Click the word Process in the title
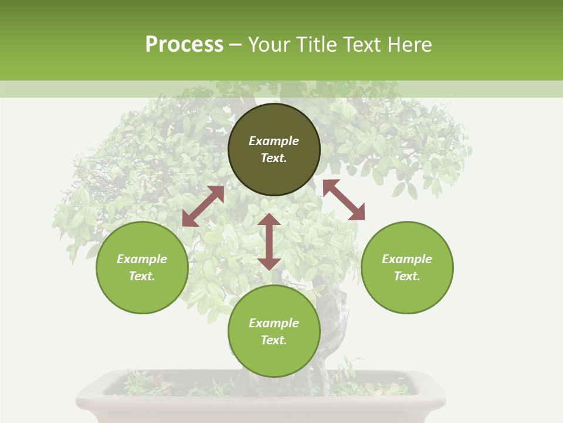[x=184, y=45]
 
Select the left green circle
[x=142, y=294]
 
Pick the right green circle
[x=407, y=294]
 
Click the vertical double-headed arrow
[x=269, y=241]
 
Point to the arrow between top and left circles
[x=203, y=206]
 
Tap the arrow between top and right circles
[x=344, y=200]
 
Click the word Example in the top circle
[x=274, y=141]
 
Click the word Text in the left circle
[x=142, y=276]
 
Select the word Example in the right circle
[x=407, y=259]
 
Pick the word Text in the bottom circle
[x=274, y=340]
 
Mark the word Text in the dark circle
[x=274, y=158]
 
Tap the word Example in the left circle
[x=142, y=259]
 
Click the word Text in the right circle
[x=407, y=276]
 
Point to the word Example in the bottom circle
[x=274, y=323]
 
